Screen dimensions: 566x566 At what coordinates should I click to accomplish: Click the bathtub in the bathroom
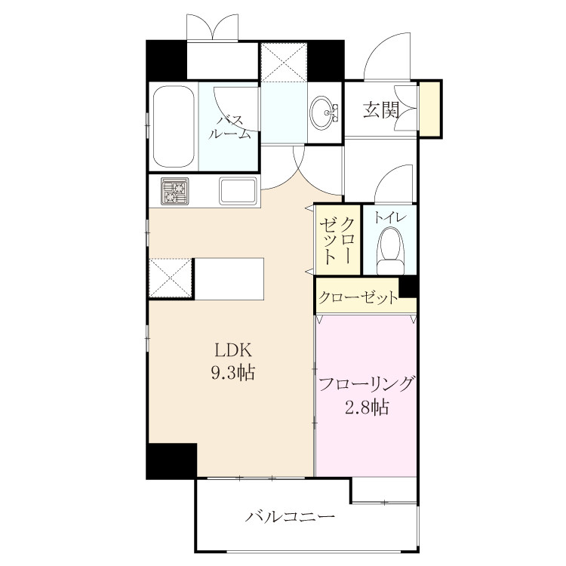pyautogui.click(x=174, y=126)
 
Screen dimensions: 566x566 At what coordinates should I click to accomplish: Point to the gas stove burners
pyautogui.click(x=175, y=192)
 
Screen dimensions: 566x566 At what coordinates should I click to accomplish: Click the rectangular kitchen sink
pyautogui.click(x=238, y=191)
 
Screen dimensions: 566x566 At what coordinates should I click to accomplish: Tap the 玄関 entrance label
pyautogui.click(x=381, y=109)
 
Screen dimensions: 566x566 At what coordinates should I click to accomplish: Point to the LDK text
pyautogui.click(x=233, y=349)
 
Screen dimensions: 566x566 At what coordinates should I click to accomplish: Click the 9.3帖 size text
pyautogui.click(x=233, y=372)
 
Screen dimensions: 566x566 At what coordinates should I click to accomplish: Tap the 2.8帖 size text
pyautogui.click(x=367, y=408)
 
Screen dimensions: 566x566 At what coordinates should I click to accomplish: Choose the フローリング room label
pyautogui.click(x=366, y=384)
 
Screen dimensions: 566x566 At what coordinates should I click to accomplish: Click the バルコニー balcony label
pyautogui.click(x=290, y=516)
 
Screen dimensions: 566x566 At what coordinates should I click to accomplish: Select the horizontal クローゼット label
pyautogui.click(x=358, y=298)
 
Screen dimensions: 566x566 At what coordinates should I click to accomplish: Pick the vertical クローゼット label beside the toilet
pyautogui.click(x=337, y=240)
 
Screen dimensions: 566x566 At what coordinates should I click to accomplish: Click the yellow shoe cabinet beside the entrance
pyautogui.click(x=429, y=108)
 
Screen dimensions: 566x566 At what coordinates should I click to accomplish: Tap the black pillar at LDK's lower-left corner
pyautogui.click(x=171, y=461)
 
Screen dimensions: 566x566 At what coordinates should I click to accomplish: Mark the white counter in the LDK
pyautogui.click(x=229, y=278)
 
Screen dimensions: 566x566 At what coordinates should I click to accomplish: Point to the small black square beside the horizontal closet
pyautogui.click(x=408, y=288)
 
